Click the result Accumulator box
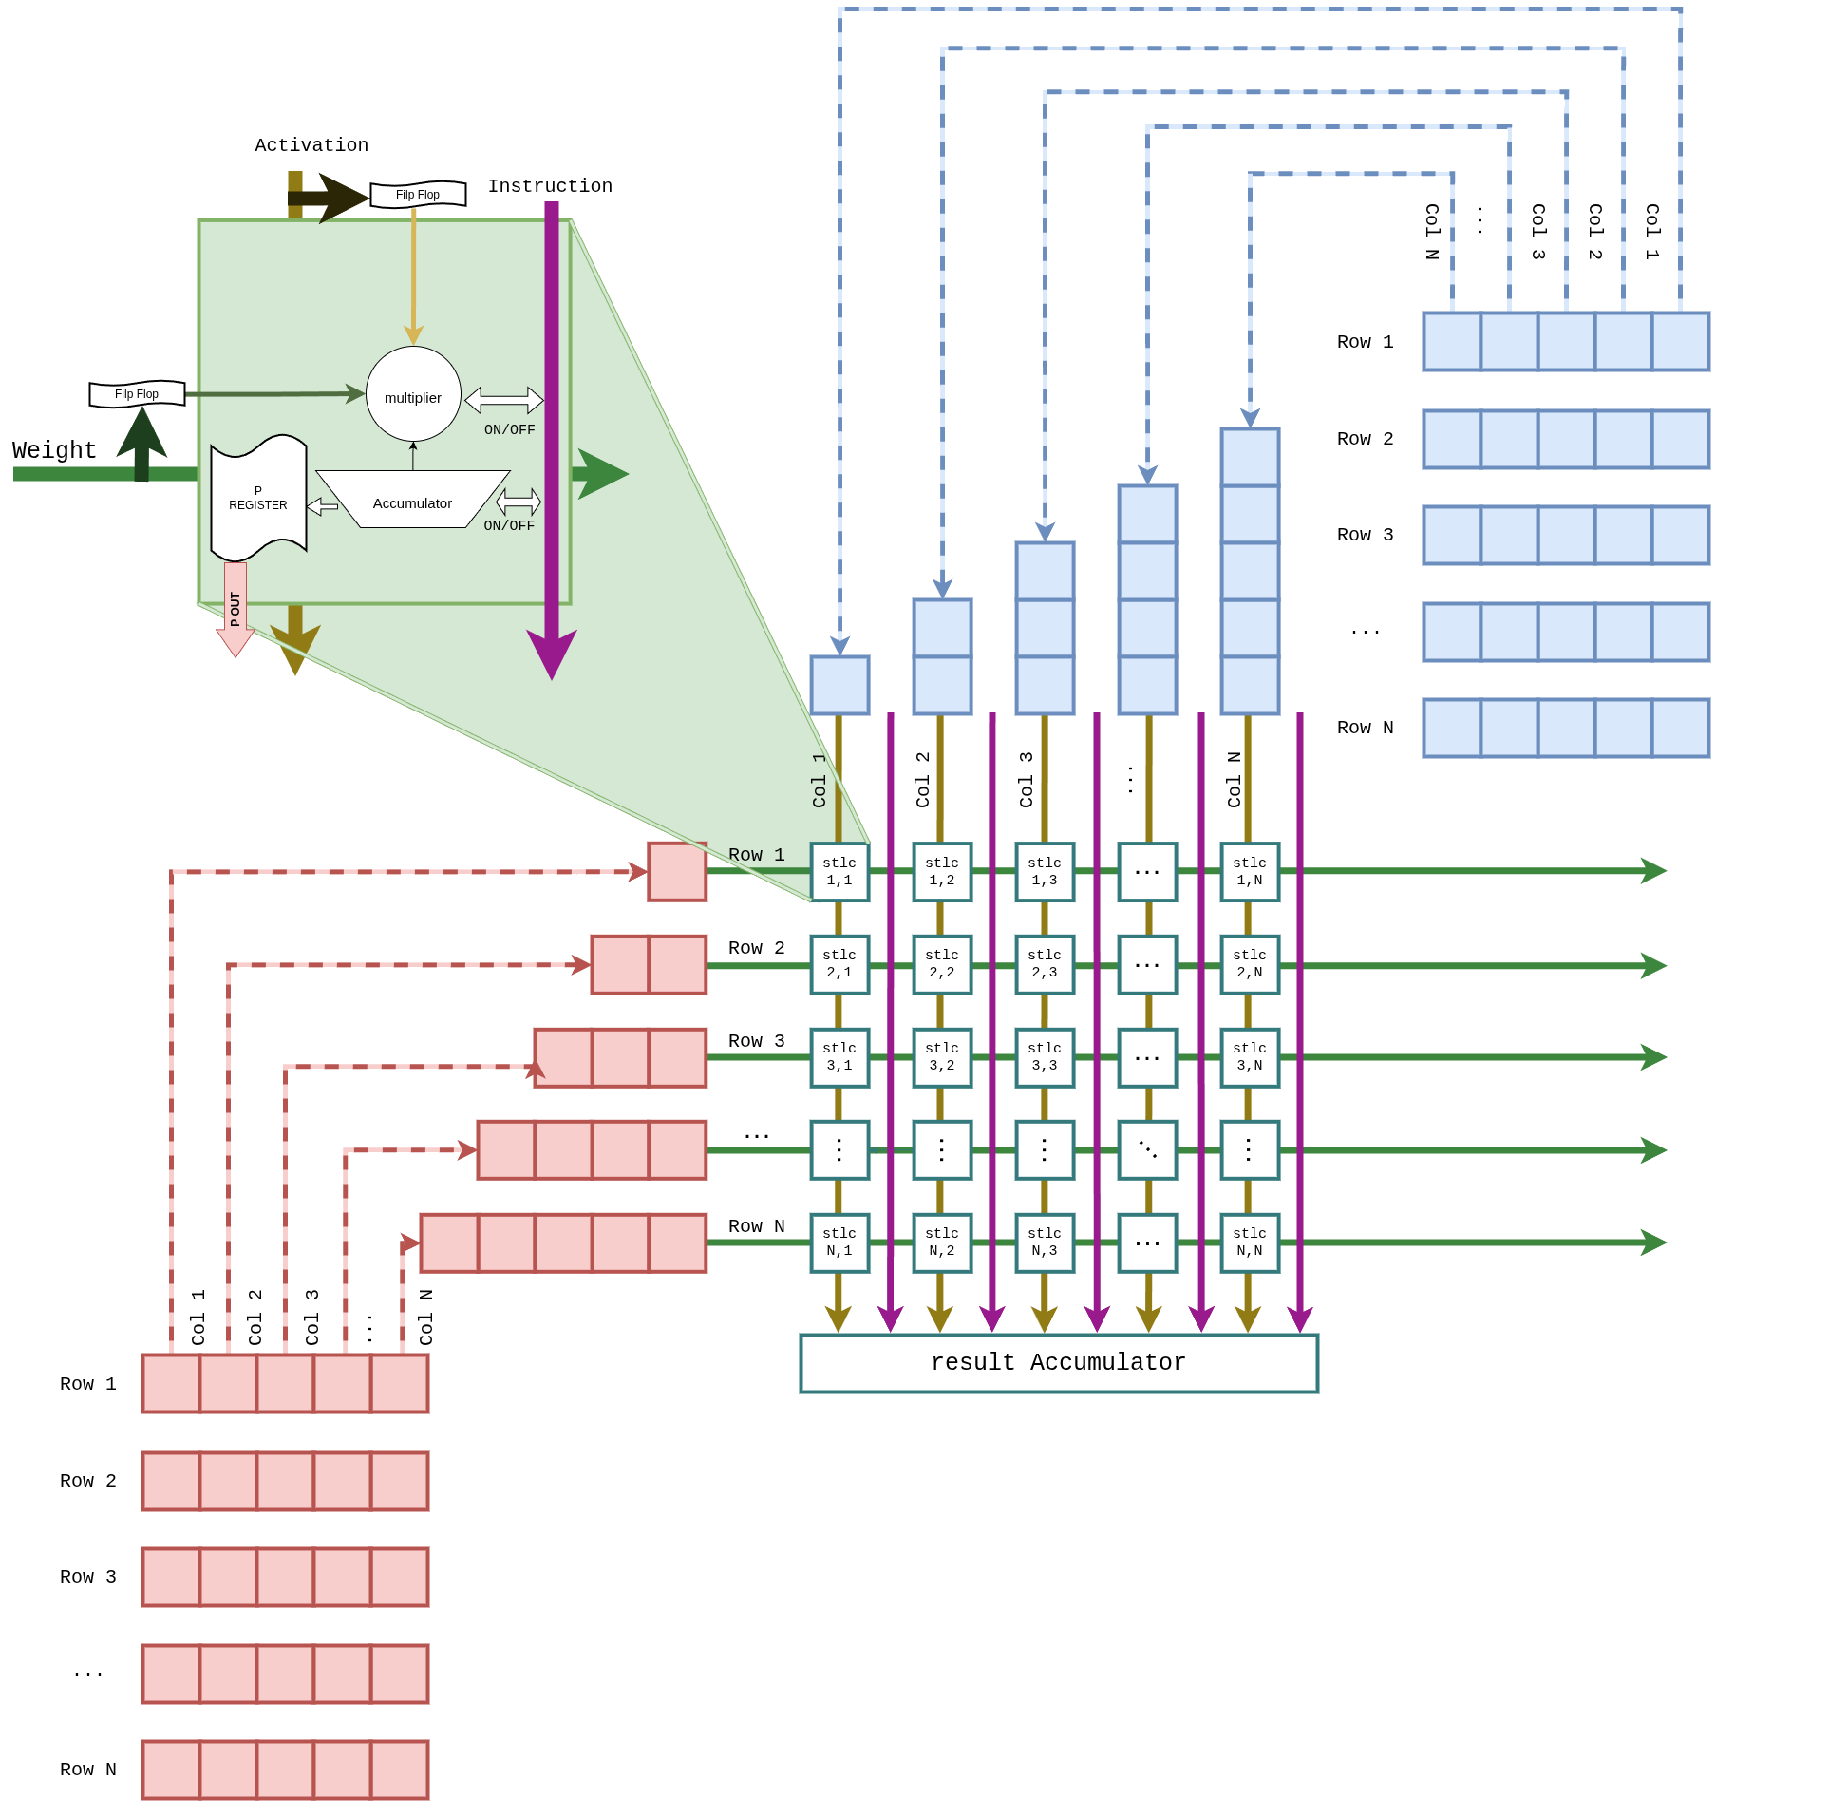coord(1058,1362)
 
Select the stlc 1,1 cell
coord(839,871)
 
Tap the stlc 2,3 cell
coord(1045,964)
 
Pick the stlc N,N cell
coord(1250,1242)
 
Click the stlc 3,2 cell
coord(942,1057)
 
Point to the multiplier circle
coord(413,394)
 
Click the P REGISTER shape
coord(258,498)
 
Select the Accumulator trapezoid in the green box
coord(412,501)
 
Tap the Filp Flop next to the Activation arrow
coord(418,194)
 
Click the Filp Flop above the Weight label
coord(137,393)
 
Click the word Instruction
coord(550,186)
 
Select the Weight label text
coord(54,450)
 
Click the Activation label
coord(311,145)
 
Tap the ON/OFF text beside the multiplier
coord(510,430)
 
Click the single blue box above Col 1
coord(839,685)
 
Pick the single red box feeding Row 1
coord(677,871)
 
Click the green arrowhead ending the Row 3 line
coord(1653,1057)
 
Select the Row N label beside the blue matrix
coord(1365,728)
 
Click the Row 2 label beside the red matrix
coord(87,1481)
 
